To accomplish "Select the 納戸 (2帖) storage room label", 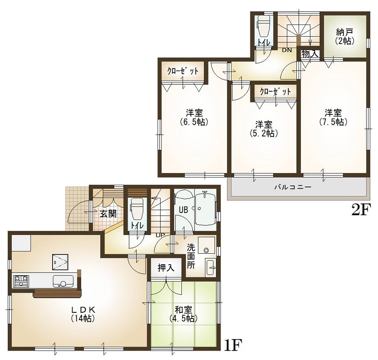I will point(345,37).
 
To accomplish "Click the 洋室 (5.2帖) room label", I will point(264,129).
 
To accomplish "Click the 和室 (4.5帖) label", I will point(183,314).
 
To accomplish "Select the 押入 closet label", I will point(166,268).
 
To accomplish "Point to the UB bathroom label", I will point(183,210).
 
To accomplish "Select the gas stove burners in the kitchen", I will point(21,280).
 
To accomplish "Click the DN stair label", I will point(287,50).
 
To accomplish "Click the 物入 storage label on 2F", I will point(309,53).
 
